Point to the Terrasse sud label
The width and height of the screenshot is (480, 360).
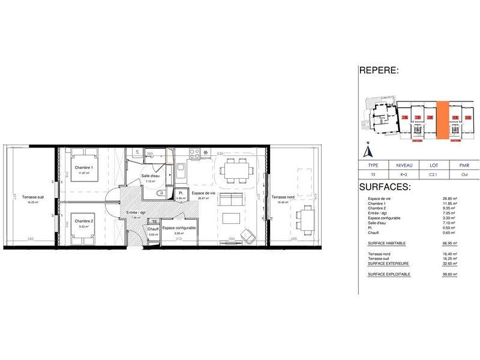[x=32, y=198]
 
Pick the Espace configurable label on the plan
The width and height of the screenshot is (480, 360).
[x=178, y=229]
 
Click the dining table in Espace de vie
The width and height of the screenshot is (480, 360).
[x=235, y=172]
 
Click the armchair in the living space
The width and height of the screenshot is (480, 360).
[x=247, y=235]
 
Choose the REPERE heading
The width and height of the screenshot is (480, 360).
[x=379, y=71]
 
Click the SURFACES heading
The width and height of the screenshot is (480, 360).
[x=385, y=187]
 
